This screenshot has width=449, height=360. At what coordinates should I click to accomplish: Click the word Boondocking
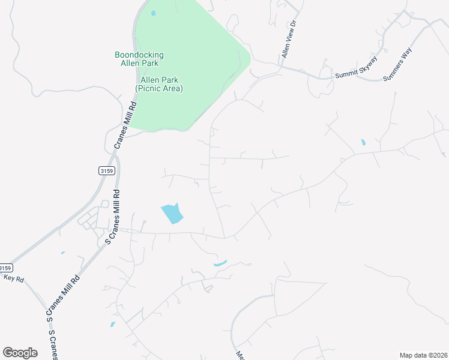139,55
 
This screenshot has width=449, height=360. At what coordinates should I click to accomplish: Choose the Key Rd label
13,278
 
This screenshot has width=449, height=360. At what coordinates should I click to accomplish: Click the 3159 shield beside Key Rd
5,268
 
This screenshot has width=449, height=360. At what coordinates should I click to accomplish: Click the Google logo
20,353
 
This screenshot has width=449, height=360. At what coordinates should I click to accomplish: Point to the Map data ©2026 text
423,355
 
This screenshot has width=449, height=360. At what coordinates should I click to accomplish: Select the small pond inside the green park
153,13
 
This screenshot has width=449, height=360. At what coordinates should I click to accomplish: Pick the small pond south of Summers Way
363,143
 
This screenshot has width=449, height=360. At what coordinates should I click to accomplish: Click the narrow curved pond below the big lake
220,263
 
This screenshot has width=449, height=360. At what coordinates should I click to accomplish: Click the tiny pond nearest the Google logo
112,325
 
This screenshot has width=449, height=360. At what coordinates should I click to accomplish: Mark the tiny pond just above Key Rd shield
62,253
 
